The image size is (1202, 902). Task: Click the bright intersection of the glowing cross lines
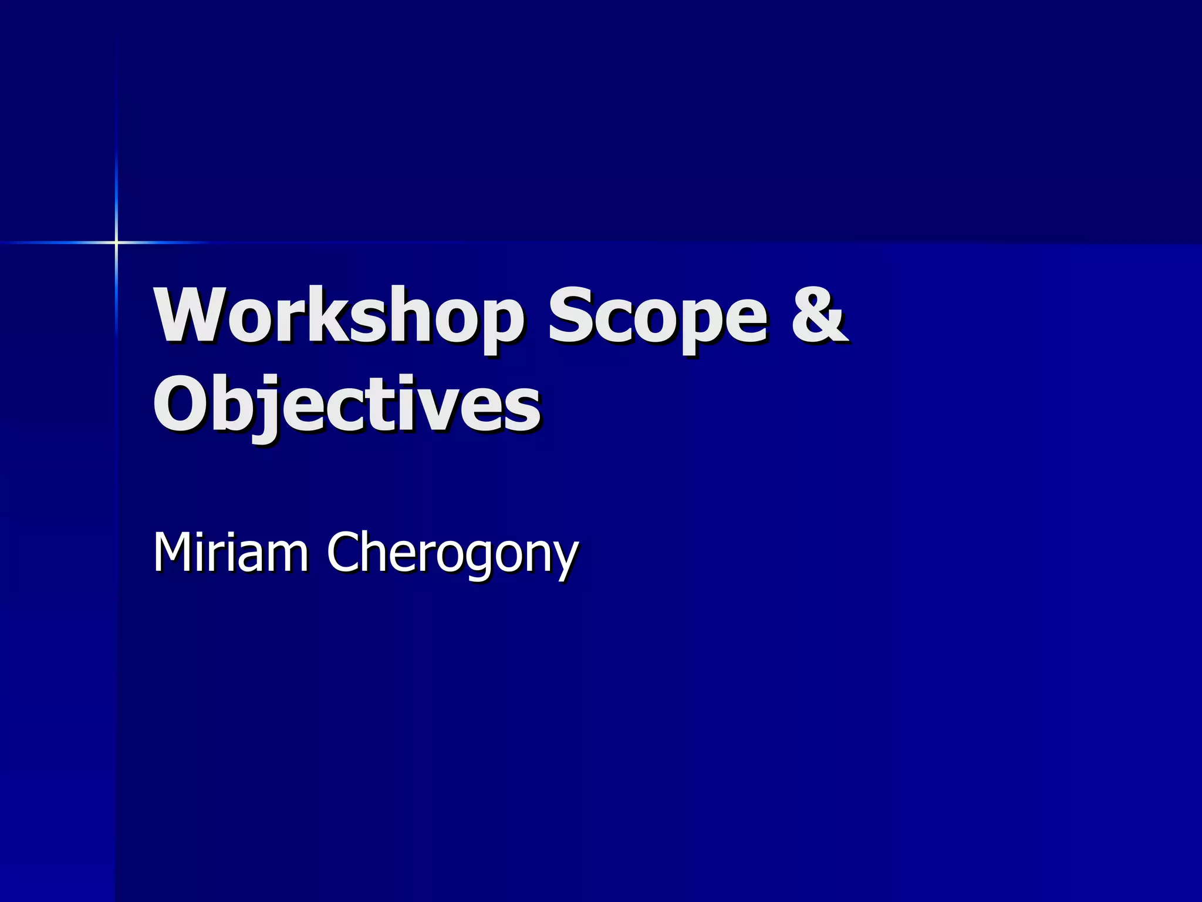click(116, 242)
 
